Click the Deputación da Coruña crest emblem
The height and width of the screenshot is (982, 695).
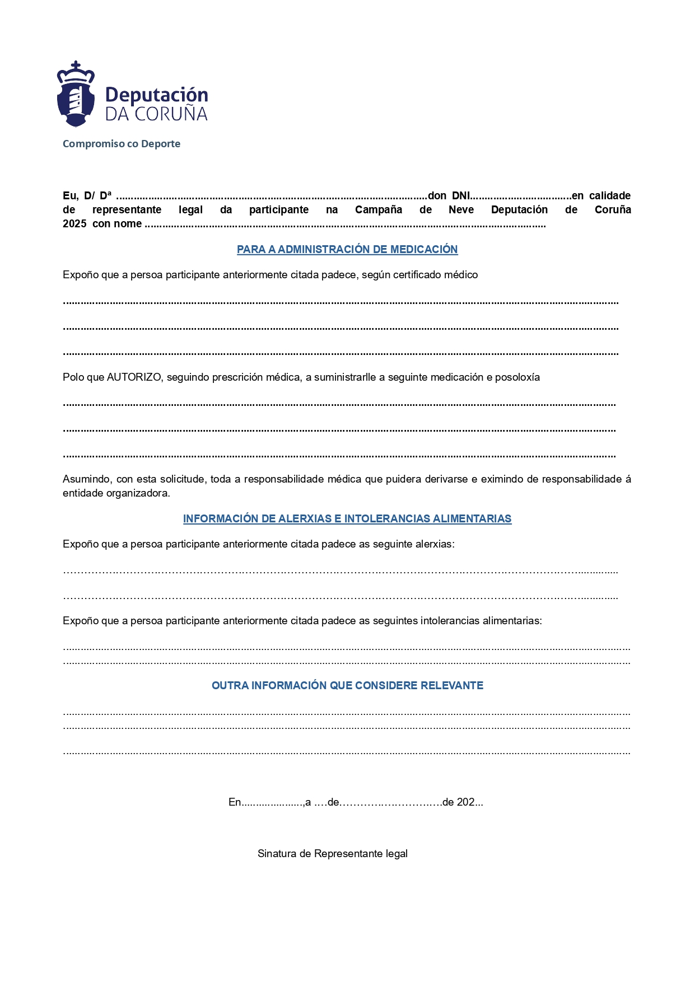(76, 95)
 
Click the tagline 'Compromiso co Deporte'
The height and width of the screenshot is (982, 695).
(122, 144)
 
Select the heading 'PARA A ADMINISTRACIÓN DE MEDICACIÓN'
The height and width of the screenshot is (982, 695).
(347, 250)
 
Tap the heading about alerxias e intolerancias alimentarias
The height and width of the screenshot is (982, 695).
(347, 519)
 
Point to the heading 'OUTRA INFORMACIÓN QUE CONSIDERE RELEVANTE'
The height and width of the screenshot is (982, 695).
(347, 686)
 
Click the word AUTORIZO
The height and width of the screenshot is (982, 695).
(134, 377)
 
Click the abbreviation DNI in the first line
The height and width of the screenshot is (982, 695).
(461, 196)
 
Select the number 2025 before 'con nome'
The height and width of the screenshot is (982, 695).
(74, 224)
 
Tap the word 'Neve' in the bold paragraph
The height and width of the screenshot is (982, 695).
(461, 210)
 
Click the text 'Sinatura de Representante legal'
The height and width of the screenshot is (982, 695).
(333, 854)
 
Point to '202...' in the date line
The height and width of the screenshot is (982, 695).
(469, 802)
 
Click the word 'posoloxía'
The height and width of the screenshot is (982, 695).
(517, 377)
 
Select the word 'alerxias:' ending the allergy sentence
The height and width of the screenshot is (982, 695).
(435, 544)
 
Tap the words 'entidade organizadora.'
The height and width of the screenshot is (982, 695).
(116, 493)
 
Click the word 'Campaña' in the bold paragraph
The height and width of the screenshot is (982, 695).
(379, 210)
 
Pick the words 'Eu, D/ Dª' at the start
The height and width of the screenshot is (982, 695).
(87, 196)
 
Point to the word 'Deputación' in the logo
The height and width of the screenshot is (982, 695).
(157, 95)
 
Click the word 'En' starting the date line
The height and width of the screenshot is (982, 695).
(235, 802)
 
